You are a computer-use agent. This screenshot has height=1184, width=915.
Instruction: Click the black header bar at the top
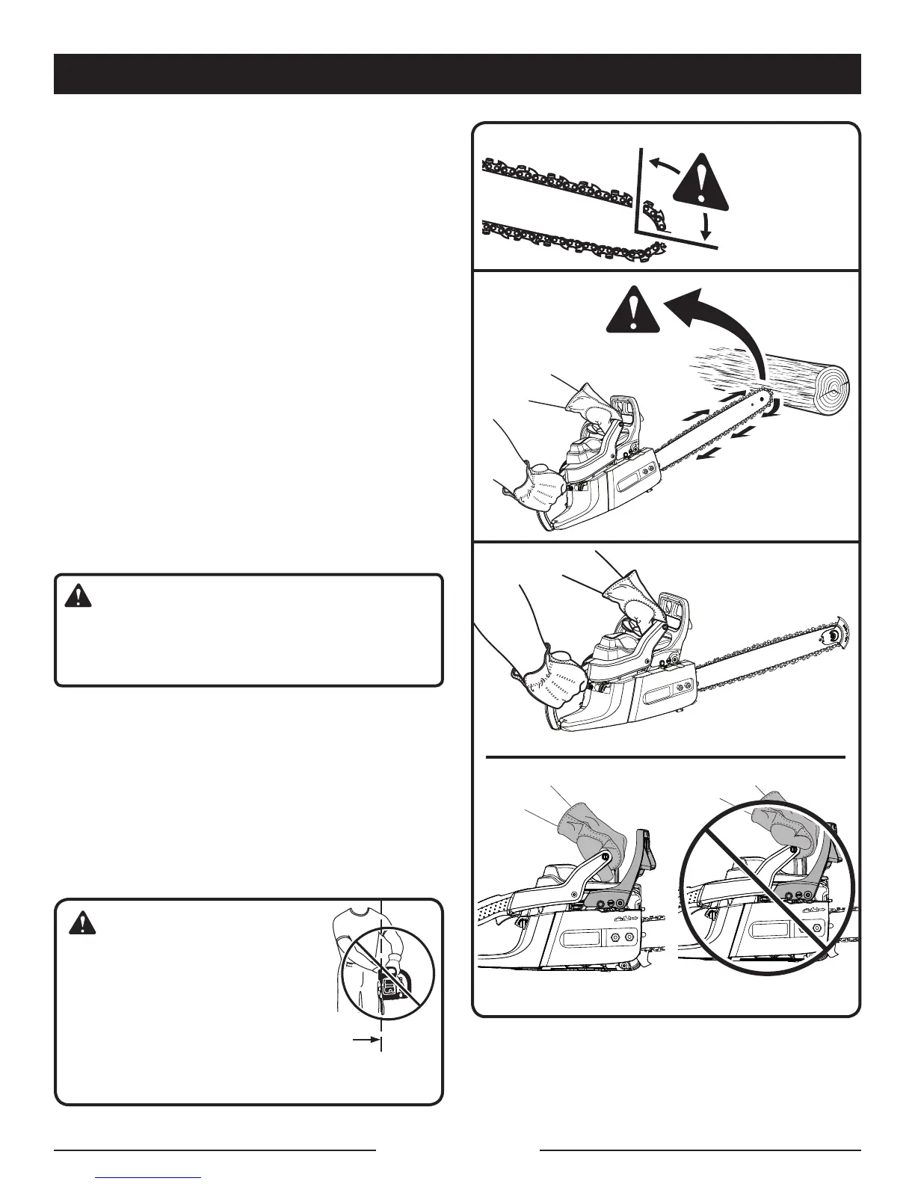(x=457, y=74)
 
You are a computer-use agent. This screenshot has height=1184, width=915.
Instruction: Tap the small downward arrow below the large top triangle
(x=705, y=223)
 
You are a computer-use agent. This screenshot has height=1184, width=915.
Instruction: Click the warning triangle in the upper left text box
(x=78, y=596)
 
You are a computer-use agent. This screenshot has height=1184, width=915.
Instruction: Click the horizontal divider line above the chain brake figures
(x=665, y=757)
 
